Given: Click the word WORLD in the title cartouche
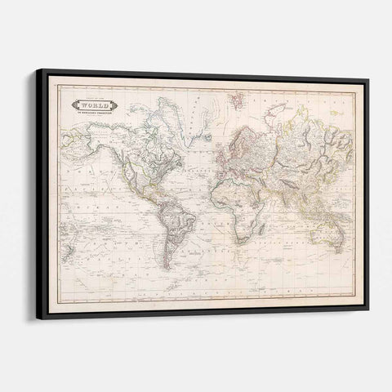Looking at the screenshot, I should [97, 105].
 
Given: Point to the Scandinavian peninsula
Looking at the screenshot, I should [238, 122].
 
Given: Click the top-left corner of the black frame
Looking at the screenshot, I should [36, 70].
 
